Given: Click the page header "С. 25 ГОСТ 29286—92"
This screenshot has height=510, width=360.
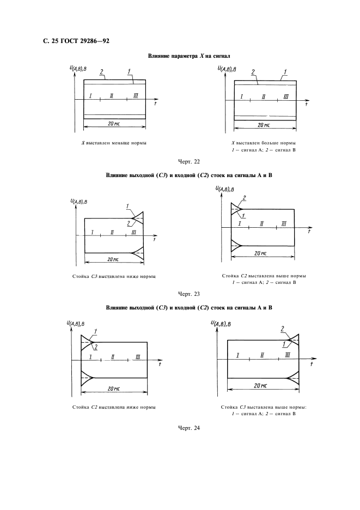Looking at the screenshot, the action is tap(76, 41).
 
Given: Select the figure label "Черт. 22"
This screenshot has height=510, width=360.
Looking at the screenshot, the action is tap(189, 162).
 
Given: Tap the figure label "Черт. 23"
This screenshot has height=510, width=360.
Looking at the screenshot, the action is tap(189, 294).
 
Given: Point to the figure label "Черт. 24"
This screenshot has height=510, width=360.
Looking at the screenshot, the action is tap(189, 428).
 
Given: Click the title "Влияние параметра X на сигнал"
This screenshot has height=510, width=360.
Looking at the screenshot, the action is tap(189, 56).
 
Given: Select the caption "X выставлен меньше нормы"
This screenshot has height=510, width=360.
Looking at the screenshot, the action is tap(114, 143).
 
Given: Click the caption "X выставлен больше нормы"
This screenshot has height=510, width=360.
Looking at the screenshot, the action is tap(264, 143).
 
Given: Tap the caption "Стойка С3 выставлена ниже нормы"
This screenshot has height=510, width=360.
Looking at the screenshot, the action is tap(114, 276).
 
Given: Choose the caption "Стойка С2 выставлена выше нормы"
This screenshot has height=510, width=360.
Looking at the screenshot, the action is tap(264, 276).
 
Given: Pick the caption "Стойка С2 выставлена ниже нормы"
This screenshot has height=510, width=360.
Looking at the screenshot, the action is tap(114, 407).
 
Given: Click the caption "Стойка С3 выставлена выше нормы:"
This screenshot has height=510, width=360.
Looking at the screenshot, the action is tap(264, 407).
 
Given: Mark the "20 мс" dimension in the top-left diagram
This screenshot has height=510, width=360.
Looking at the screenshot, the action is tap(113, 124).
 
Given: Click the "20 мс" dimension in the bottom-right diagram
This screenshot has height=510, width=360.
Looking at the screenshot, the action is tap(260, 385).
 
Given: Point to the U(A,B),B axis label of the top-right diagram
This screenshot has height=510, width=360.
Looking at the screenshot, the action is tap(227, 69).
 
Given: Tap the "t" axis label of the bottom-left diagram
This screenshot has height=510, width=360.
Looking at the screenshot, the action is tap(160, 365).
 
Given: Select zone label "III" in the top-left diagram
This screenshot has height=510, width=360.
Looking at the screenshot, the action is tap(136, 95).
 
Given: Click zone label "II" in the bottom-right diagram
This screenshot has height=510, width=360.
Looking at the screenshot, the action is tap(262, 355).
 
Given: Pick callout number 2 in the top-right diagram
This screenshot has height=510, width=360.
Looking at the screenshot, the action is tap(253, 72).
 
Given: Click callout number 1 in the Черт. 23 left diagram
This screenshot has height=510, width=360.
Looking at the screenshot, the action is tap(127, 206).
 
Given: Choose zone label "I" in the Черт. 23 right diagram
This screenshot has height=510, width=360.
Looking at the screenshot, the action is tap(240, 223).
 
